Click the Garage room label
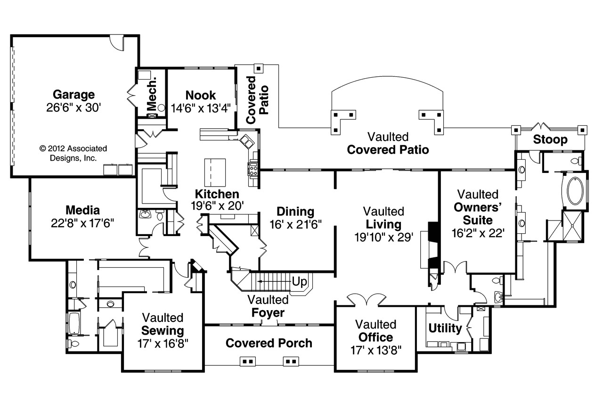[x=73, y=95]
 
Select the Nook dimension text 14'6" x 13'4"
[x=201, y=108]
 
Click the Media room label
[x=82, y=210]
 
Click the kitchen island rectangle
[x=215, y=173]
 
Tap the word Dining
[x=295, y=212]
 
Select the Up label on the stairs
[x=300, y=282]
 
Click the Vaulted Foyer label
[x=269, y=306]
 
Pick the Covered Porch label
[x=269, y=343]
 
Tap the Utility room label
[x=445, y=328]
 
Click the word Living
[x=383, y=224]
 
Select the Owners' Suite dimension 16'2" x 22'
[x=478, y=232]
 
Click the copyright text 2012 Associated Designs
[x=73, y=153]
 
